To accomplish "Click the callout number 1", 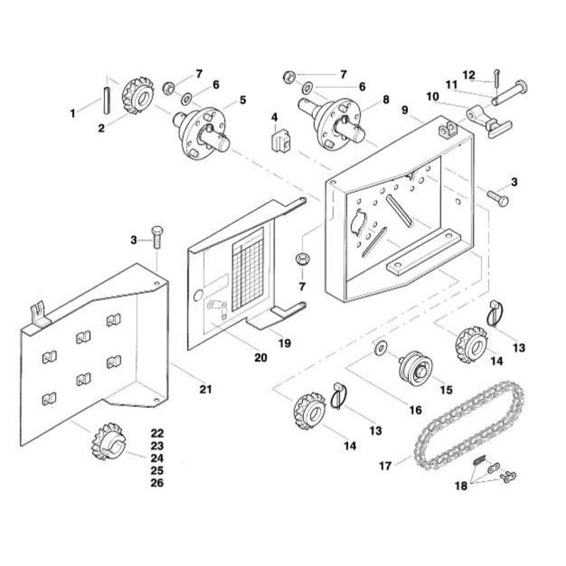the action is point(73,114).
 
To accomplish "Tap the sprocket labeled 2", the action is point(138,96).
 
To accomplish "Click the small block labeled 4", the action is point(280,141).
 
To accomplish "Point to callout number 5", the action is point(242,100).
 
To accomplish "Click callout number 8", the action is point(386,100).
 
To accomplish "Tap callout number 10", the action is point(433,97).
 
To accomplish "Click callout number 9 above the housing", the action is point(405,110).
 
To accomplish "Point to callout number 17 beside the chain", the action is point(385,466).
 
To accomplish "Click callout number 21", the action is point(206,390).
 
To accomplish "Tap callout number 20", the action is point(261,358).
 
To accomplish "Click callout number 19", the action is point(284,343).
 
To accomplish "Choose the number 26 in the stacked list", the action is point(157,483).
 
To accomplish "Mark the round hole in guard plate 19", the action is point(198,295).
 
